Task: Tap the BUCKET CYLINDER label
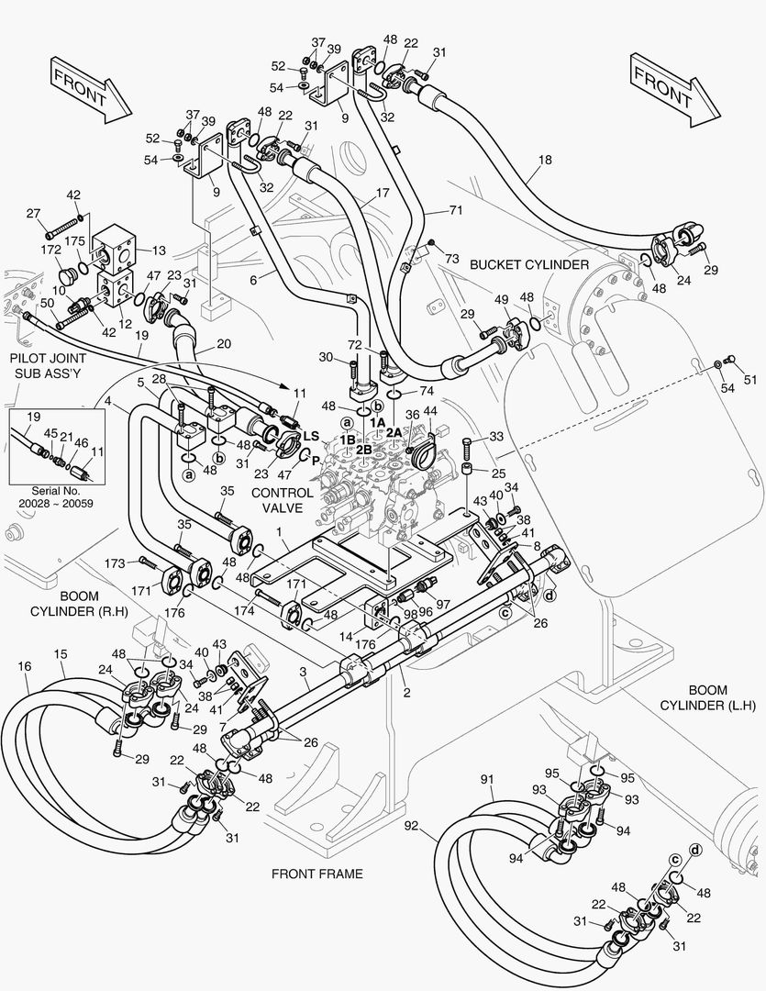click(528, 264)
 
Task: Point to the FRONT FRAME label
click(316, 874)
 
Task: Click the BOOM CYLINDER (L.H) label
click(708, 697)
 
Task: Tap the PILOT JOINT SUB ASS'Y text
click(48, 366)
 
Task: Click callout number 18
click(545, 161)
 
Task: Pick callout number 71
click(456, 211)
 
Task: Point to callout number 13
click(158, 250)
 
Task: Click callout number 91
click(487, 780)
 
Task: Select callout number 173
click(114, 562)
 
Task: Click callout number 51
click(750, 381)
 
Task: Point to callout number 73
click(450, 260)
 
